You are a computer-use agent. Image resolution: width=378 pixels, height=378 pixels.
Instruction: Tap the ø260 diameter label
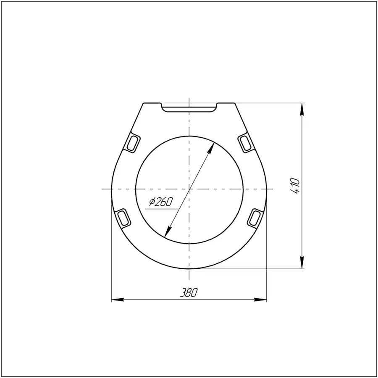(x=161, y=202)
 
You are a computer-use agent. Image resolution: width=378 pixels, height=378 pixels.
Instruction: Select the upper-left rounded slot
(x=133, y=142)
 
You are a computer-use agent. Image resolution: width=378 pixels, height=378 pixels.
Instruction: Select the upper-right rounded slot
(x=246, y=142)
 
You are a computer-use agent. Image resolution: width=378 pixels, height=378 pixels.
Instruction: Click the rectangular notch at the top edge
(x=189, y=108)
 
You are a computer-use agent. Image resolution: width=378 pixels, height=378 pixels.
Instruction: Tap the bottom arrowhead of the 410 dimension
(x=302, y=264)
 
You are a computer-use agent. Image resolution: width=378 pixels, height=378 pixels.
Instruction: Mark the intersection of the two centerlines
(x=189, y=189)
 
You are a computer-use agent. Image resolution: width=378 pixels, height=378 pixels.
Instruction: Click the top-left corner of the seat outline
(x=144, y=103)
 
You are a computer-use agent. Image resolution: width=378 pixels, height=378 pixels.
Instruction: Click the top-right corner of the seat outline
(x=235, y=103)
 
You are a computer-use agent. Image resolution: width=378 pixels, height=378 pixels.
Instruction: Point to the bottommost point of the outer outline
(x=189, y=269)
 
